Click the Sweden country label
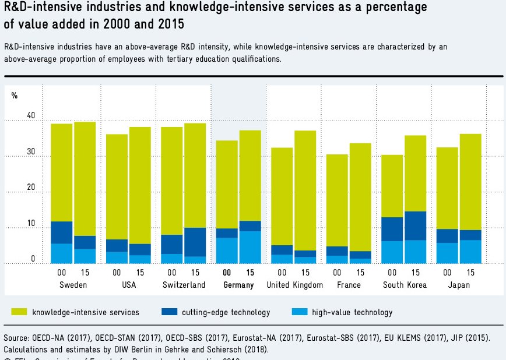[73, 285]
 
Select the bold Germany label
[238, 285]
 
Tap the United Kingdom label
[294, 285]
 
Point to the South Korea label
[405, 285]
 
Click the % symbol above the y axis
[14, 96]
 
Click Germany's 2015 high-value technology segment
[250, 247]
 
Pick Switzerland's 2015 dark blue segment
[195, 242]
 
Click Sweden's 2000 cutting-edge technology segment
[61, 232]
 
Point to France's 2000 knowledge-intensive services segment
[337, 200]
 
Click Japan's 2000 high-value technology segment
[447, 253]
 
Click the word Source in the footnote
[16, 338]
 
